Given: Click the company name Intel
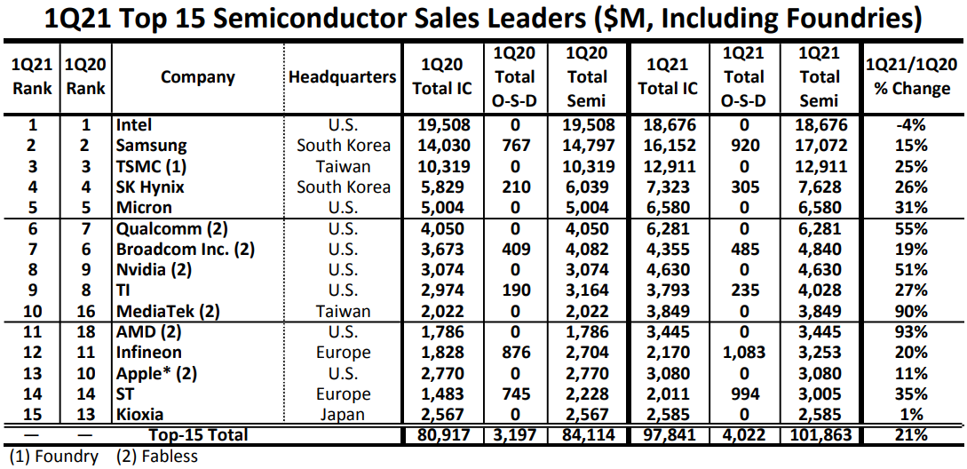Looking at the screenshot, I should coord(134,125).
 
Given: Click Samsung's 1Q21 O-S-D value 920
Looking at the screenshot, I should coord(743,146).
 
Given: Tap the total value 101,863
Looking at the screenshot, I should coord(819,435).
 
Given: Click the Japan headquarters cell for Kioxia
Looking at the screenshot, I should coord(342,415).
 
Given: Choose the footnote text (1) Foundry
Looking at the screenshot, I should coord(48,457).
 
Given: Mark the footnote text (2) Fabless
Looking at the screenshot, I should coord(157,457).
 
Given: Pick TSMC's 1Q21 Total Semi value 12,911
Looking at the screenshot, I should coord(819,166).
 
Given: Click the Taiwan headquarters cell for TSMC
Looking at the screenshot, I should coord(342,166).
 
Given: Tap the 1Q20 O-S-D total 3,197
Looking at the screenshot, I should coord(514,435).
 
